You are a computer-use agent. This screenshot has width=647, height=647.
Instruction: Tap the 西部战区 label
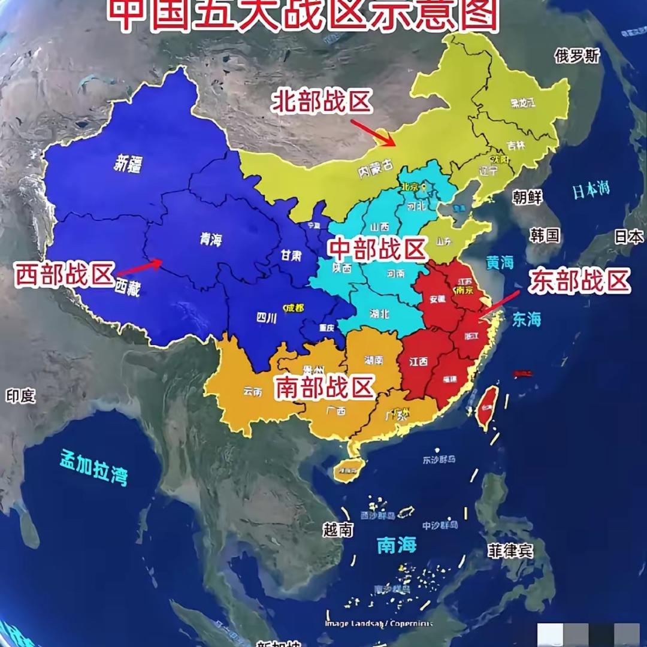[65, 276]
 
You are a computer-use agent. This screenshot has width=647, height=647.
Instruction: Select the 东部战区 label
[579, 281]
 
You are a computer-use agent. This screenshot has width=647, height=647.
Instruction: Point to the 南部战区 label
[325, 387]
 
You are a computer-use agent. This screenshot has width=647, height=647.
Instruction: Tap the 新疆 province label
[128, 164]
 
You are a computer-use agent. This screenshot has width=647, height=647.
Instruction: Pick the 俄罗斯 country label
[577, 56]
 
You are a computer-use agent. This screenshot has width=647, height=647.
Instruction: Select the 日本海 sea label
[591, 191]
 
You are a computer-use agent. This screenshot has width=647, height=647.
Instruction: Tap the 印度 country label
[20, 396]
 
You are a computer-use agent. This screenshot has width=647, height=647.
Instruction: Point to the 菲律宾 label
[510, 550]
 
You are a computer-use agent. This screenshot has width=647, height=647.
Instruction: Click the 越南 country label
[338, 530]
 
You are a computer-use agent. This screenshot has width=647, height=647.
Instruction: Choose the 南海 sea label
[397, 545]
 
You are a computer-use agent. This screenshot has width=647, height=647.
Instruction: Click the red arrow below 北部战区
[373, 132]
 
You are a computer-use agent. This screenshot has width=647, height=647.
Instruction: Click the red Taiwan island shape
[487, 407]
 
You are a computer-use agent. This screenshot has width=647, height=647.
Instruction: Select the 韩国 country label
[545, 235]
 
